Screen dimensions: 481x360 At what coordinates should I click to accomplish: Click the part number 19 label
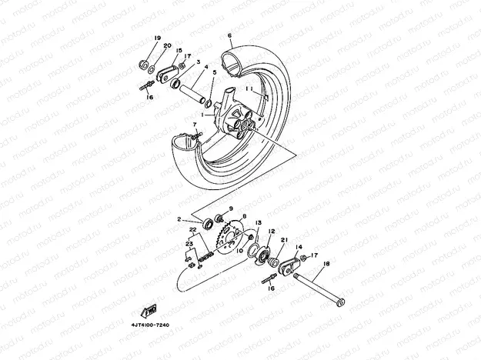pyautogui.click(x=157, y=38)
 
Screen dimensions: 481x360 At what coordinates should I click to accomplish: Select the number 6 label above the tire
pyautogui.click(x=229, y=36)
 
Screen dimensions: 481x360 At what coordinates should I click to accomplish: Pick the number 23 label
pyautogui.click(x=188, y=244)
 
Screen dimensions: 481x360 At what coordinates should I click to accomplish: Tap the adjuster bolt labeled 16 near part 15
pyautogui.click(x=145, y=87)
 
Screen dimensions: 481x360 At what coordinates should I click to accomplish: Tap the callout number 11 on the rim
pyautogui.click(x=249, y=89)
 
